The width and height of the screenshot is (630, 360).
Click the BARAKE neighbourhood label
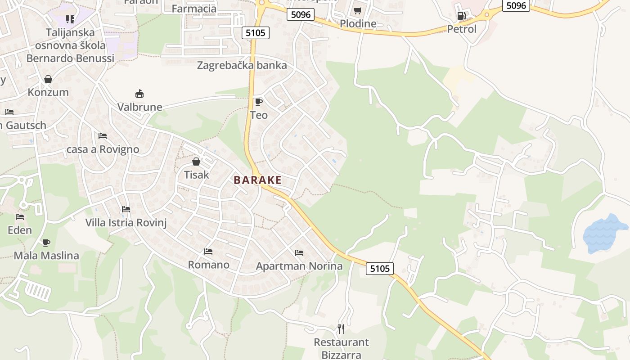(x=257, y=180)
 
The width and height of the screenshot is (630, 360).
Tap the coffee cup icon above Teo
(x=258, y=102)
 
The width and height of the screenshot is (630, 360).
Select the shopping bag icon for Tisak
(x=196, y=162)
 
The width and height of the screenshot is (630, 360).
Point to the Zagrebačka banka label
(x=242, y=65)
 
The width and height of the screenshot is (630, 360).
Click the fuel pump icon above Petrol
(x=461, y=16)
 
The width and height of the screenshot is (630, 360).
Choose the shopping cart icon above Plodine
(x=358, y=10)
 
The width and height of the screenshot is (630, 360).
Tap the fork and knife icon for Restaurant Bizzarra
(x=341, y=329)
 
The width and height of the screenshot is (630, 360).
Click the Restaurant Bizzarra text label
(x=341, y=348)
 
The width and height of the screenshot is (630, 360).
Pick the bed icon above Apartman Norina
(x=299, y=253)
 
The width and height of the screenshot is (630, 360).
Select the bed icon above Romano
(x=208, y=252)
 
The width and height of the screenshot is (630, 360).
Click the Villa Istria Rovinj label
(x=126, y=223)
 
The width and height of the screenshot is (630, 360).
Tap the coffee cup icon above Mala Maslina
(x=46, y=243)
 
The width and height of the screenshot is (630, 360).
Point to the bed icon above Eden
(x=20, y=217)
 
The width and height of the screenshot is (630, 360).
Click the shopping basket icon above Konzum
(x=48, y=80)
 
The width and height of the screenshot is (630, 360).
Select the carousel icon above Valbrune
(x=139, y=94)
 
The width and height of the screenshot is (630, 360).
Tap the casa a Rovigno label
(x=103, y=149)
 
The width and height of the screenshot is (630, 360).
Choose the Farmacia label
(x=194, y=9)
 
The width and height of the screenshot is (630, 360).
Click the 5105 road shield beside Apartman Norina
(x=380, y=269)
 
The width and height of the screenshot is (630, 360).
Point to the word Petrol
(x=462, y=29)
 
